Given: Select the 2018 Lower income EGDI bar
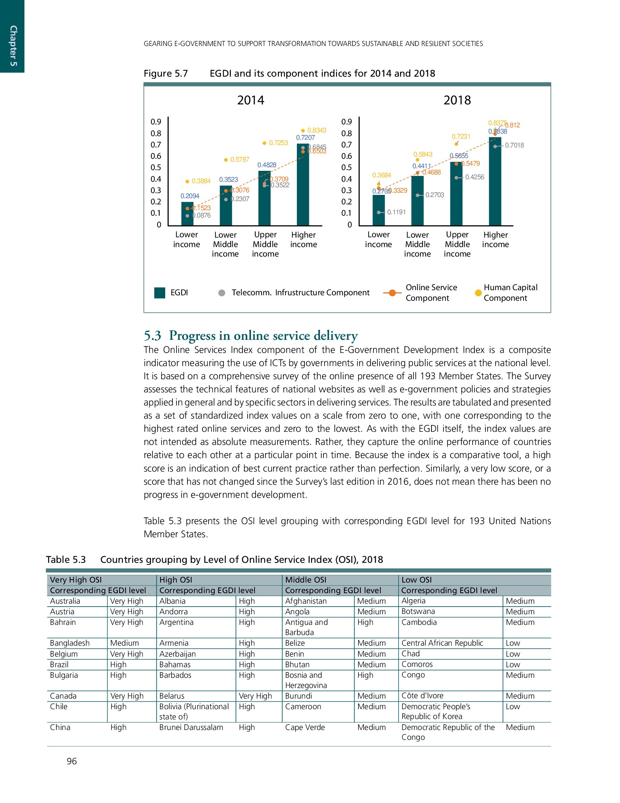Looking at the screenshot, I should [x=378, y=210].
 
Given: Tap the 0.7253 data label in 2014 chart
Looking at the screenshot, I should [x=278, y=143].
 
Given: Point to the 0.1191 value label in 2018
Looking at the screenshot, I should [x=396, y=212].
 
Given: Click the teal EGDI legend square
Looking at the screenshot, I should [x=159, y=293].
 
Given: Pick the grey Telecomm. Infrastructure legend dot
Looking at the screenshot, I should [x=221, y=293].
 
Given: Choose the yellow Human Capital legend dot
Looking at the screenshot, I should [x=478, y=293].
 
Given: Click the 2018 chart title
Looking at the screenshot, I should [x=457, y=100].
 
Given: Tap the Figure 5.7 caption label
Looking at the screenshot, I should [x=166, y=73].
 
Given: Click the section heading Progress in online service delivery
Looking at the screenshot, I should [x=251, y=335].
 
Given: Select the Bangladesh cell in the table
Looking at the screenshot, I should [x=70, y=643].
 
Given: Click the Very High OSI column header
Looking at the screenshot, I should [x=76, y=580].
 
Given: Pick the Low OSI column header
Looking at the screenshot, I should [x=416, y=580].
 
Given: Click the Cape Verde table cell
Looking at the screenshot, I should [x=305, y=727].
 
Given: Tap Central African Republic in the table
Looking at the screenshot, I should [x=442, y=643].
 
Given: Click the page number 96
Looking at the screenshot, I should [x=71, y=761].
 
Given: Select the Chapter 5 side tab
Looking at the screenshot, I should [x=12, y=46].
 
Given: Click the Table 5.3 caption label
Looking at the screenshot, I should [x=66, y=560].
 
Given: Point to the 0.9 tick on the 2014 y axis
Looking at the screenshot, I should [x=156, y=122].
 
